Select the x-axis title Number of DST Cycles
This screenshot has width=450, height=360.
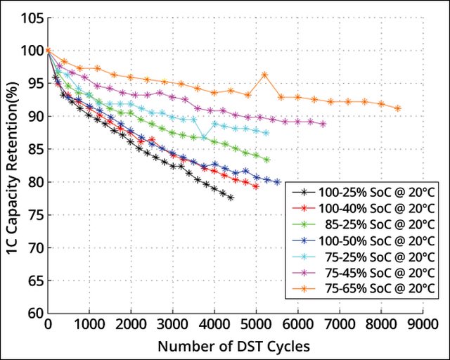coord(233,346)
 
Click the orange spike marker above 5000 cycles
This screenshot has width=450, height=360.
coord(264,75)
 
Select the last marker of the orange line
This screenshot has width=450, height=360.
coord(398,108)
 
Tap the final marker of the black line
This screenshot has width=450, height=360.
coord(231,198)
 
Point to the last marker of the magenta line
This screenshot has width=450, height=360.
coord(323,124)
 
